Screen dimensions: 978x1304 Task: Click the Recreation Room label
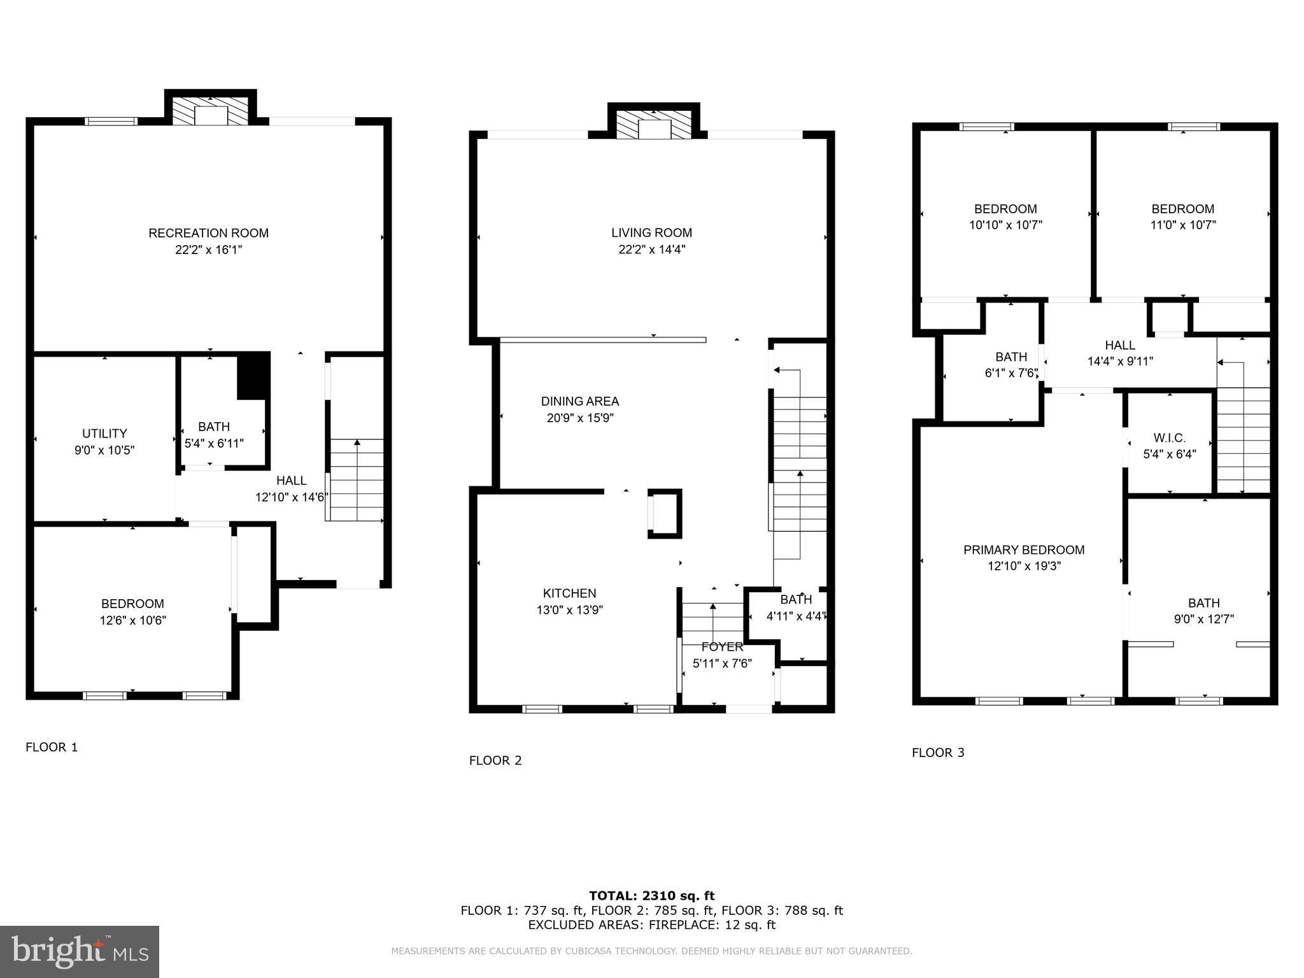coord(208,233)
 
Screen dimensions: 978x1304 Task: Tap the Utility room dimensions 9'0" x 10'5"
coord(104,450)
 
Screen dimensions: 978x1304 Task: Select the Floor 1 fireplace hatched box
coord(211,110)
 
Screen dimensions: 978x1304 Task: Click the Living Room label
coord(651,233)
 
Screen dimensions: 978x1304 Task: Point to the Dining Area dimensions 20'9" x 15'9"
coord(580,418)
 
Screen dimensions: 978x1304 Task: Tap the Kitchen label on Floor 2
coord(569,593)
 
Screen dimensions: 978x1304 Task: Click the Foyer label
coord(722,647)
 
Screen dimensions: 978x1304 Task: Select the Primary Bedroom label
coord(1024,549)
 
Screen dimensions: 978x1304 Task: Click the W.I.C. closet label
coord(1169,438)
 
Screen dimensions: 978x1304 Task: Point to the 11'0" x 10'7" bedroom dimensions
coord(1183,225)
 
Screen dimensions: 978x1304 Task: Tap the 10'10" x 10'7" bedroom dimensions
coord(1005,225)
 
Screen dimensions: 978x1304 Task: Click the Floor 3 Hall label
coord(1120,345)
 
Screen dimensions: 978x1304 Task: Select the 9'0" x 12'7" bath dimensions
coord(1203,619)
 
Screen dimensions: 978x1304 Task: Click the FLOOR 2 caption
coord(495,760)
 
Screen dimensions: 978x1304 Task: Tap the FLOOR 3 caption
coord(938,753)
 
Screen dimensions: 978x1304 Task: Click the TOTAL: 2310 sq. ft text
coord(651,896)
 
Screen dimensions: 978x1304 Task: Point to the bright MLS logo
coord(80,951)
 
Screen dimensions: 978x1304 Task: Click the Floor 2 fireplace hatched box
coord(654,124)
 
